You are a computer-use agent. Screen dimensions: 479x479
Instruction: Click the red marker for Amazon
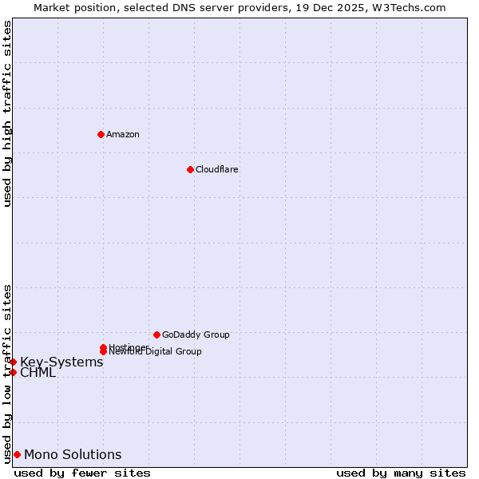[x=101, y=134]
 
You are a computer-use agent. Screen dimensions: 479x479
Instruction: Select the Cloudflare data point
[x=190, y=169]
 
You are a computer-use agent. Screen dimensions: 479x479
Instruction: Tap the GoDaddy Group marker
[x=156, y=335]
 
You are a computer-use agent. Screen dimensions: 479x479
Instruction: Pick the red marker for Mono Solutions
[x=17, y=454]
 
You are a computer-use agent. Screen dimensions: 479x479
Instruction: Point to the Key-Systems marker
[x=13, y=362]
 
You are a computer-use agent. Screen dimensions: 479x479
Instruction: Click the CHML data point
[x=13, y=372]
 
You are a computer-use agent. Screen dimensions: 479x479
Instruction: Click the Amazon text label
[x=123, y=134]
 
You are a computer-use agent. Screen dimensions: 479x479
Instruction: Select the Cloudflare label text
[x=216, y=169]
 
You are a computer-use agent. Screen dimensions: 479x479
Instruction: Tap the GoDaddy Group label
[x=196, y=335]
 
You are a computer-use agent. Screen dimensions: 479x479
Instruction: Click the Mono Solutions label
[x=73, y=455]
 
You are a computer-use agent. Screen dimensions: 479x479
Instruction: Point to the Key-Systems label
[x=61, y=362]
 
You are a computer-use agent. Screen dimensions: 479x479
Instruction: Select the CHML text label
[x=38, y=373]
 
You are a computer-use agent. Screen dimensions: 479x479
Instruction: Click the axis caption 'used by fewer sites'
[x=82, y=473]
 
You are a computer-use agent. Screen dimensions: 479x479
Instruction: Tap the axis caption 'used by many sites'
[x=400, y=473]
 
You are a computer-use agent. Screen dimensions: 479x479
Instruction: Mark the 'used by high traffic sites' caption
[x=7, y=114]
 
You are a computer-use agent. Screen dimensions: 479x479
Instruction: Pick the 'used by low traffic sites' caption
[x=7, y=373]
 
